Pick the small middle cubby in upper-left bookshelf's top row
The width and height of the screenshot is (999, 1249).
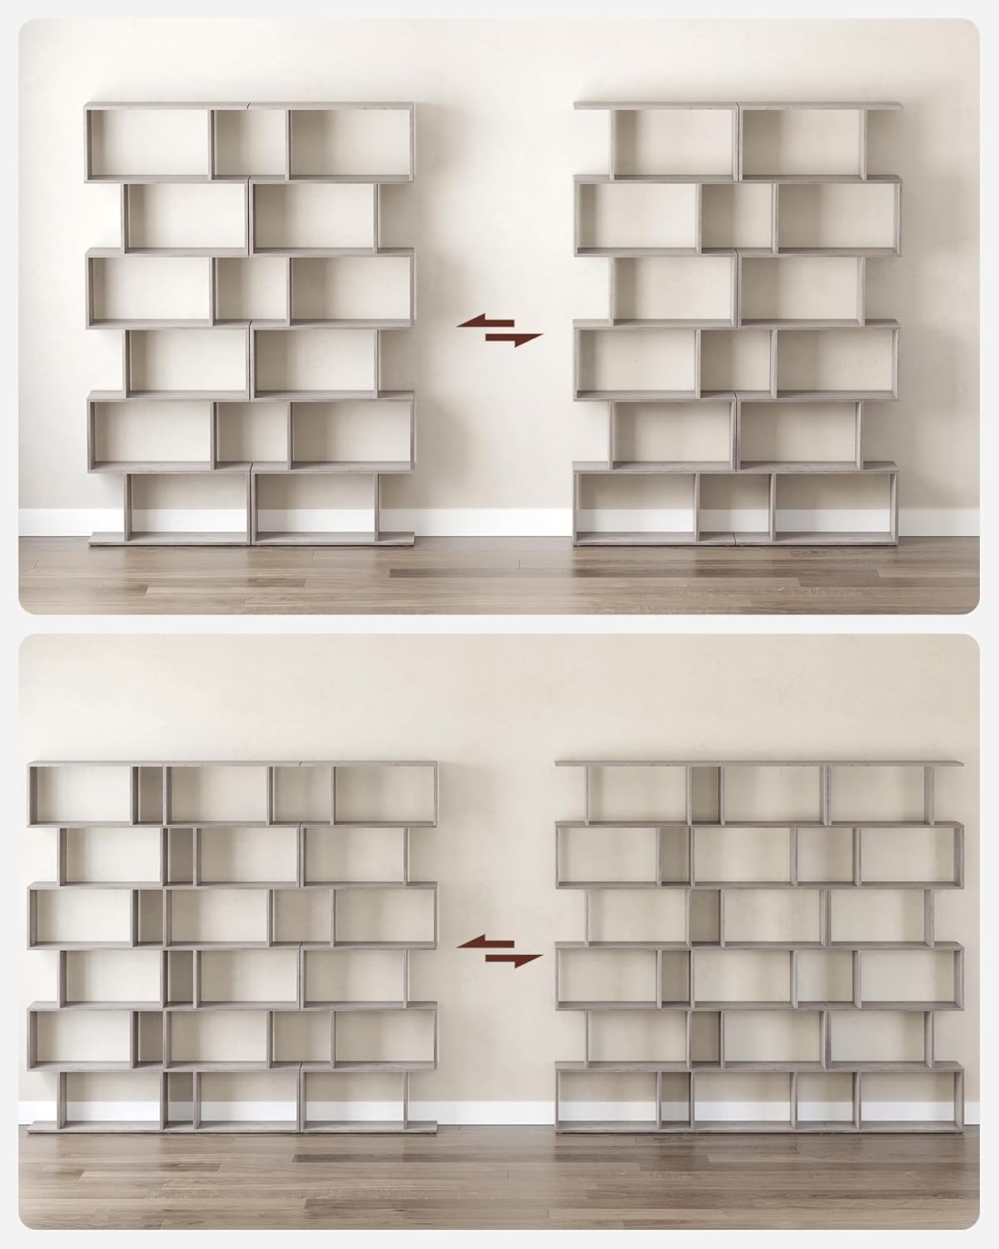coord(251,142)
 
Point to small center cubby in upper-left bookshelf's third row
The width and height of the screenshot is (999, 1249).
coord(251,288)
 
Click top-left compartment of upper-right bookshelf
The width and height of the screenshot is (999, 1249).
coord(674,142)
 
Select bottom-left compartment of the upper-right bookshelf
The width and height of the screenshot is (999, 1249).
coord(634,505)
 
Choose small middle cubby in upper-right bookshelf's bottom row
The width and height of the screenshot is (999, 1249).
coord(734,505)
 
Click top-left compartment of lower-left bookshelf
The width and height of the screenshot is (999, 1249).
coord(82,794)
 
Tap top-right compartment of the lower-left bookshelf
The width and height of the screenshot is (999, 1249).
coord(384,794)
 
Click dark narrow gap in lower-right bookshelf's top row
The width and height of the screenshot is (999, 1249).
coord(705,794)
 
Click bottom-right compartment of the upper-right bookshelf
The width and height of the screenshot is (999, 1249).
coord(835,505)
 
